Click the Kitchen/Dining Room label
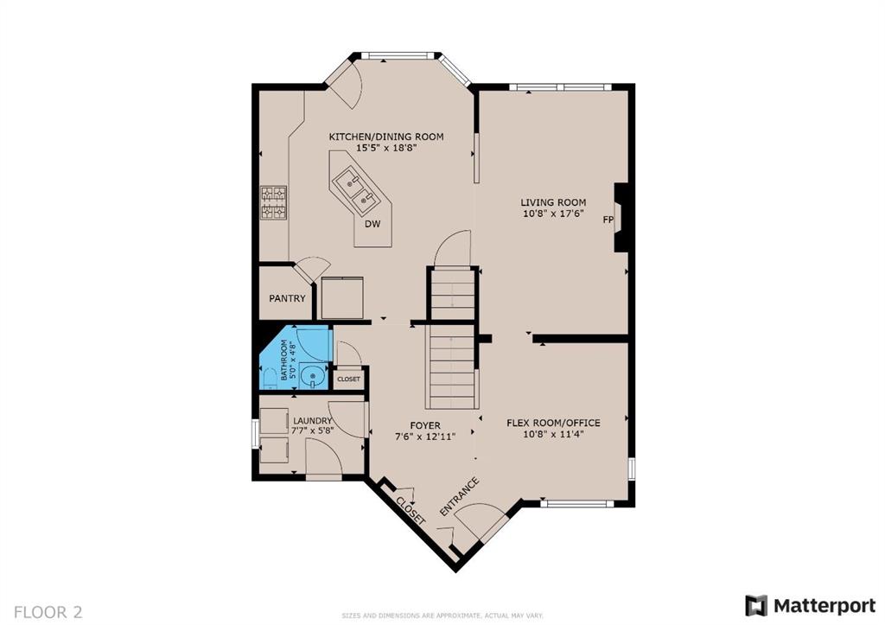tap(386, 137)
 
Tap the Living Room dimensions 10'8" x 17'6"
tap(553, 214)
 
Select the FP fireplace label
tap(608, 220)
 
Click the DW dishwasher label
tap(372, 224)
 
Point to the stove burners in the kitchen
tap(274, 202)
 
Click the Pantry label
tap(287, 298)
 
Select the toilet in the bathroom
tap(270, 379)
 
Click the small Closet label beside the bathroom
tap(349, 379)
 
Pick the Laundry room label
tap(312, 421)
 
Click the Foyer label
tap(425, 425)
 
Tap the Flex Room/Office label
tap(553, 423)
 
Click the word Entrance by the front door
tap(460, 497)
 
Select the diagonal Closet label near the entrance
tap(411, 511)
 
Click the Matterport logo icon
tap(756, 606)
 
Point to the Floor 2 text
tap(48, 612)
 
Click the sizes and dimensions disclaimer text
tap(442, 615)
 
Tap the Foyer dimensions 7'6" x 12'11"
tap(425, 436)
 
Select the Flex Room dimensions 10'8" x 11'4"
tap(553, 434)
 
